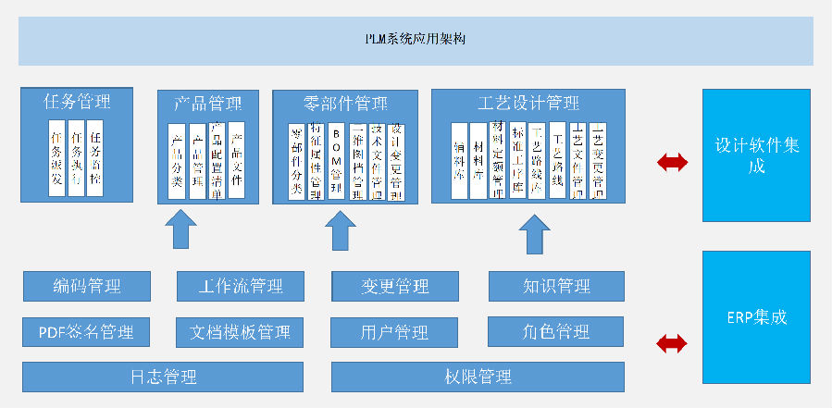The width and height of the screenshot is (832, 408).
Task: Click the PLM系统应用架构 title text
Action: (415, 40)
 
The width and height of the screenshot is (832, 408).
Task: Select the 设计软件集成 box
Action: (755, 155)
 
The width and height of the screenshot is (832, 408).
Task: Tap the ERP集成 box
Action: (755, 317)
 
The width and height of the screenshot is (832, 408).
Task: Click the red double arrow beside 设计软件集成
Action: (672, 163)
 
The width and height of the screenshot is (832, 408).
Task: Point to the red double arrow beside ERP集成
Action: (672, 344)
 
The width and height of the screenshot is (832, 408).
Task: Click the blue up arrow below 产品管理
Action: (180, 229)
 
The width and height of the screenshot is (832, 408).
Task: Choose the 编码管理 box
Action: (86, 286)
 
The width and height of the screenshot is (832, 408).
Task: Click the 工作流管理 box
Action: (240, 286)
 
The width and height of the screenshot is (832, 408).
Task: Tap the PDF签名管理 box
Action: (86, 331)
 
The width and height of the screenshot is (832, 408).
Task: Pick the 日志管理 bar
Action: (163, 377)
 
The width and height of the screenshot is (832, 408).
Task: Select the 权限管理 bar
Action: (477, 377)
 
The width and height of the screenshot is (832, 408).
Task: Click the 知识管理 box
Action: (555, 286)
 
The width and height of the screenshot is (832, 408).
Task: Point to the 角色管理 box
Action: (555, 331)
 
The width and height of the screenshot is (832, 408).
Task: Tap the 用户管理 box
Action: (394, 331)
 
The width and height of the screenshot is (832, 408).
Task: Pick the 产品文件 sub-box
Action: (236, 159)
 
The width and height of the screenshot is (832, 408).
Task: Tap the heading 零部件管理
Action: (345, 103)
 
